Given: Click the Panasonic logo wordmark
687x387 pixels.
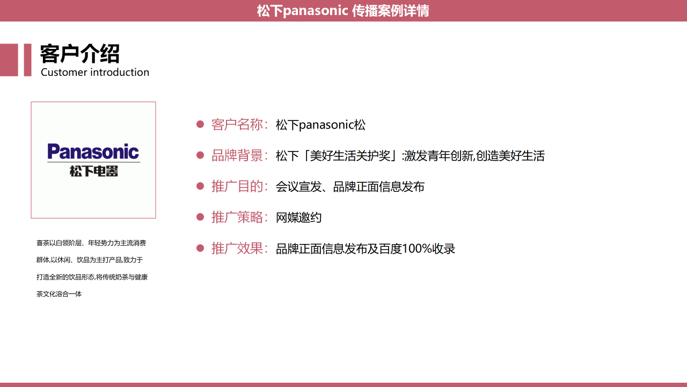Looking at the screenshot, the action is [x=93, y=152].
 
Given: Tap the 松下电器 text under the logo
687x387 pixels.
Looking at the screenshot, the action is [x=93, y=171].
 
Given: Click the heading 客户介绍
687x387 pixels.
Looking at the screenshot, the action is [x=80, y=54].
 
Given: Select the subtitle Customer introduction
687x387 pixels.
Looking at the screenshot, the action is [x=95, y=72].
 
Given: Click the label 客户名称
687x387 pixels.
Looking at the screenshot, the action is [x=237, y=125].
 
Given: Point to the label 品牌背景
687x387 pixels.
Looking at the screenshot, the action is [x=237, y=156].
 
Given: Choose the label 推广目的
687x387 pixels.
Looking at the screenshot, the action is [x=237, y=187].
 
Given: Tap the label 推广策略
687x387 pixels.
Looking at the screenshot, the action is [x=237, y=218].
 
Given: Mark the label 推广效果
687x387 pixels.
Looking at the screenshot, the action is [x=237, y=248].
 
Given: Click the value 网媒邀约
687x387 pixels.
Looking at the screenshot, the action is [x=299, y=218].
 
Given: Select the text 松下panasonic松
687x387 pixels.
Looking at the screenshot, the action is [x=320, y=125].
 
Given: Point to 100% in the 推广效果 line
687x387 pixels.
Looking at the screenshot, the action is [x=417, y=248].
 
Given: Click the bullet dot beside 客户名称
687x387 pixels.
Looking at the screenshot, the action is [x=200, y=124].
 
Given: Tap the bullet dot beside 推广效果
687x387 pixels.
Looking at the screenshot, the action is [x=200, y=248].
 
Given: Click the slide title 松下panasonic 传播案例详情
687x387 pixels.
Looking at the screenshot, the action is [x=343, y=11].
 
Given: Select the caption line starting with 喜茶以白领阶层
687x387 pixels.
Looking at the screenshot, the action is [x=91, y=243].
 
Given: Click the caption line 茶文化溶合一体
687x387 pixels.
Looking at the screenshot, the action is [x=59, y=294].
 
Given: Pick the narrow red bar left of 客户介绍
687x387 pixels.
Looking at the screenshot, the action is [x=27, y=60].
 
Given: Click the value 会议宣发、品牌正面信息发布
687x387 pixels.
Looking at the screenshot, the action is [x=350, y=187].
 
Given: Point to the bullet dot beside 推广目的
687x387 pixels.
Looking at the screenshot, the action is [x=200, y=186].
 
